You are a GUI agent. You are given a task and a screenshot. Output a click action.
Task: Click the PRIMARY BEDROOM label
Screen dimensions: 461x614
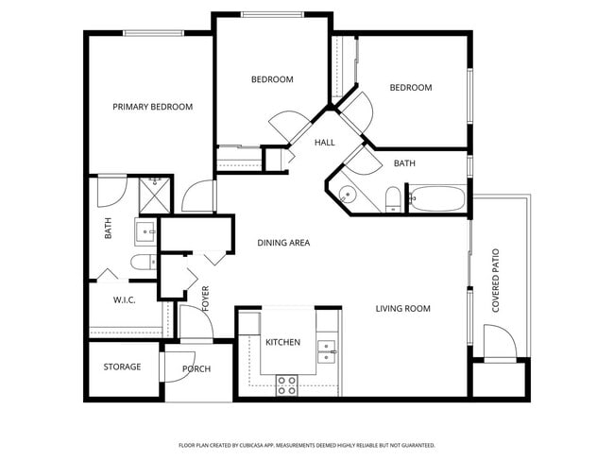pos(152,107)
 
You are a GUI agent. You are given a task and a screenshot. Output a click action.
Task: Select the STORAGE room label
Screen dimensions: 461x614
pos(123,367)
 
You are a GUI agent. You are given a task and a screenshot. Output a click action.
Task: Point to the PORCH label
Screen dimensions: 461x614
pos(196,369)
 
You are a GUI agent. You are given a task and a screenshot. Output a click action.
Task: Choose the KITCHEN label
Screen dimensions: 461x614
pos(282,342)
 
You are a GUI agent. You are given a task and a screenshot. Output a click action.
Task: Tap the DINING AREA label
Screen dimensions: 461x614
pos(283,243)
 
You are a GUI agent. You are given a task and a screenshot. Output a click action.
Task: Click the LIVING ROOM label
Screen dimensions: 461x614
pos(402,308)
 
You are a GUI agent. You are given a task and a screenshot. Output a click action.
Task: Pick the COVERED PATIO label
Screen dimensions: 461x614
pos(495,282)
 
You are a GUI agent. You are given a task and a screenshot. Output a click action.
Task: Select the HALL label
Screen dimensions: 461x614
pos(325,142)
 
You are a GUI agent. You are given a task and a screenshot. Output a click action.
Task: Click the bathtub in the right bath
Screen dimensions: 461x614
pos(437,199)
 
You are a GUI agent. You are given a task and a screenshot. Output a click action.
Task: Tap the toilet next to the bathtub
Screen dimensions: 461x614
pos(392,198)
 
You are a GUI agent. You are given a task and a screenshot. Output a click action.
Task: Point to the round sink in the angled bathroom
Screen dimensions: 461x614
pos(347,196)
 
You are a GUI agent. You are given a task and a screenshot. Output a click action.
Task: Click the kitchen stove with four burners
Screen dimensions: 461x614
pos(286,384)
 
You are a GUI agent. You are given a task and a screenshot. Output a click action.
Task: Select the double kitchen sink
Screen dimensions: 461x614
pos(327,350)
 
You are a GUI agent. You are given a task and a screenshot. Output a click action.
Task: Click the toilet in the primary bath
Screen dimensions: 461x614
pos(142,263)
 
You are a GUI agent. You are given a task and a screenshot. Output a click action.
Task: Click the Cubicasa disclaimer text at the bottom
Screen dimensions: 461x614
pos(306,444)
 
